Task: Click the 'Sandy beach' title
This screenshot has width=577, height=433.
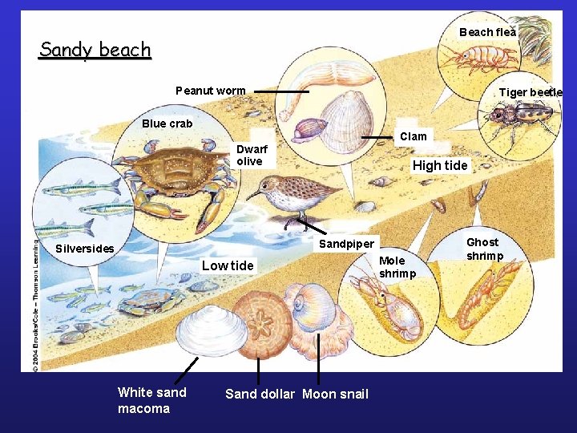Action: pos(95,50)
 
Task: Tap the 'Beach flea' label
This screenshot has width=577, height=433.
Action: pos(487,32)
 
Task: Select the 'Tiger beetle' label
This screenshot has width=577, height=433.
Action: pos(530,92)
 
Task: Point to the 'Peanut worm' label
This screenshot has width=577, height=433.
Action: pos(211,91)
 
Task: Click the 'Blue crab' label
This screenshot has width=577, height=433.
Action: pos(167,123)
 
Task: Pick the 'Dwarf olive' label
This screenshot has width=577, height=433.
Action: pos(252,155)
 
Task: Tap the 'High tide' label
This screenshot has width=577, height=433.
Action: pos(439,165)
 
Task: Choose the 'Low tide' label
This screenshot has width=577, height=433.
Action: pos(228,265)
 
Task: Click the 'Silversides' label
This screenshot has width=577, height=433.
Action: pos(84,249)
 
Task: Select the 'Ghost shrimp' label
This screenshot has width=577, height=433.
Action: pos(484,249)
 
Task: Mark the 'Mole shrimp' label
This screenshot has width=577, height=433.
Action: pos(397,267)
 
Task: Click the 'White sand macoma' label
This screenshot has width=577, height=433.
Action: pos(151,400)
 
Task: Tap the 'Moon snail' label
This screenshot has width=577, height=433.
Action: pos(335,394)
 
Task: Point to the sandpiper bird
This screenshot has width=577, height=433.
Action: pos(293,196)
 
